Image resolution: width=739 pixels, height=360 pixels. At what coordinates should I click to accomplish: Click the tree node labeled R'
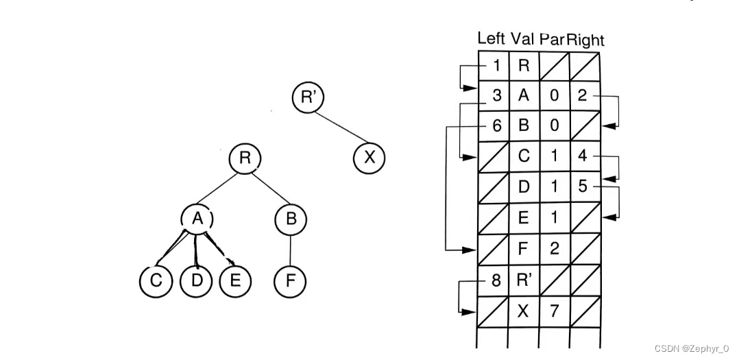click(x=307, y=97)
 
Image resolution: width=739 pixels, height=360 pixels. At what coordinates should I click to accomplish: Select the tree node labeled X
click(x=369, y=158)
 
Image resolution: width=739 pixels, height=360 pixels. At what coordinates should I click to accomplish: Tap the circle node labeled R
click(x=245, y=158)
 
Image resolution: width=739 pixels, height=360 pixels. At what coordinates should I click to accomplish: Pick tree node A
click(x=197, y=219)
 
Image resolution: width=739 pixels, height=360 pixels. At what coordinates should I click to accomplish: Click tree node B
click(x=290, y=219)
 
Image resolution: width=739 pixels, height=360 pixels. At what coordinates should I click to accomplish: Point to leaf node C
click(x=156, y=281)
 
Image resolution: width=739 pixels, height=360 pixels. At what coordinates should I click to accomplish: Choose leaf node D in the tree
click(x=196, y=281)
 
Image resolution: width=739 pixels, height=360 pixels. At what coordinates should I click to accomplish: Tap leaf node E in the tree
click(x=236, y=281)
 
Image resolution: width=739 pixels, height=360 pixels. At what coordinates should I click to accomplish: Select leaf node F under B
click(x=290, y=281)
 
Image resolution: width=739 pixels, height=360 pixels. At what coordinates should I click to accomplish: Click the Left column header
click(x=491, y=38)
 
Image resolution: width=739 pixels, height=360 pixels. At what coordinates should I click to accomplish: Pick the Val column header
click(x=523, y=38)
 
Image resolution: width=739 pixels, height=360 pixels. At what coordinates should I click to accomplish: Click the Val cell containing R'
click(x=524, y=280)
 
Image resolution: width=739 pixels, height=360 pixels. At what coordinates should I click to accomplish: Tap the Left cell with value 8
click(x=494, y=280)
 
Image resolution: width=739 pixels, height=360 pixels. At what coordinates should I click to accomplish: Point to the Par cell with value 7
click(x=554, y=311)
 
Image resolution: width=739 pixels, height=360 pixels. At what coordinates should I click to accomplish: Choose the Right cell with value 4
click(x=583, y=156)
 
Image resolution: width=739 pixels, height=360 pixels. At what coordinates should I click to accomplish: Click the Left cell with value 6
click(x=494, y=126)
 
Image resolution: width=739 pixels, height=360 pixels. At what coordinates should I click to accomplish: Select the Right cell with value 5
click(x=583, y=187)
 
